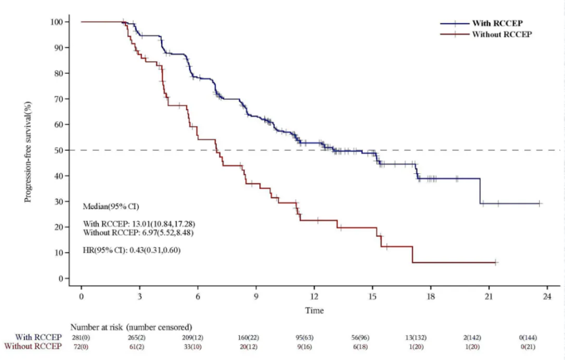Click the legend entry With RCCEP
(x=497, y=23)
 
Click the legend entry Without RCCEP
(x=501, y=34)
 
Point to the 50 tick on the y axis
(x=68, y=150)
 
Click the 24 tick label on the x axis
(x=547, y=297)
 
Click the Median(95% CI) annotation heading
(x=111, y=206)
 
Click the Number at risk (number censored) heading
(x=132, y=327)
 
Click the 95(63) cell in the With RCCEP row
(x=313, y=337)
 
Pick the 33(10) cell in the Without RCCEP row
(x=197, y=347)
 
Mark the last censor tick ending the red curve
(x=495, y=262)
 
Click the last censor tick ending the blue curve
(x=540, y=204)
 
